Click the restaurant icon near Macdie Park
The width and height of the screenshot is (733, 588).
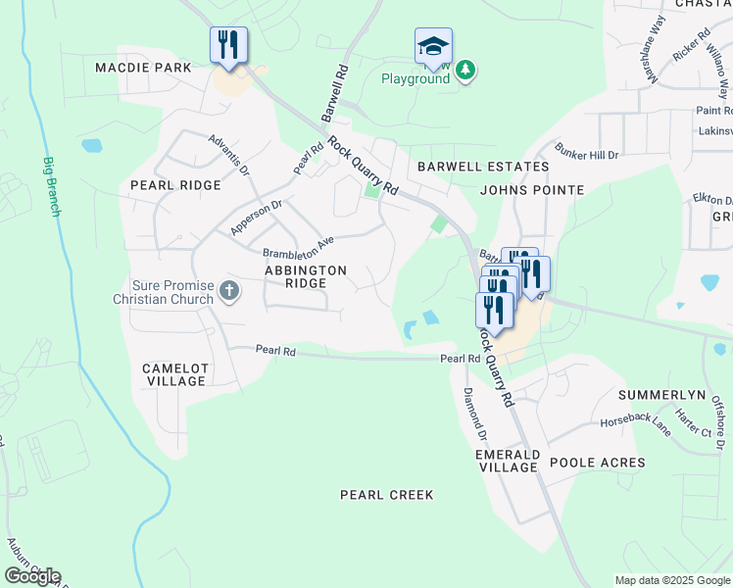point(228,45)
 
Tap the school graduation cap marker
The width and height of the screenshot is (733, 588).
point(433,47)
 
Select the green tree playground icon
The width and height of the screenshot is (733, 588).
point(467,69)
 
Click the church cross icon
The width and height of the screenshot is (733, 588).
point(229,290)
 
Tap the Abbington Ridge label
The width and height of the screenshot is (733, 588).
point(305,275)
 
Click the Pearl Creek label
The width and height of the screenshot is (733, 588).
point(386,495)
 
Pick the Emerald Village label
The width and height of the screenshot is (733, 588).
point(507,462)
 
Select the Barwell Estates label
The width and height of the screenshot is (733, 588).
point(469,167)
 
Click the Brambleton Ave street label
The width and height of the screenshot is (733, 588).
point(298,244)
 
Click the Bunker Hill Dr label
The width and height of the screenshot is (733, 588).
point(587,156)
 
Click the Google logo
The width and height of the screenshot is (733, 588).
point(33,576)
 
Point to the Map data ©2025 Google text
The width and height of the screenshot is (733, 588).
point(671,580)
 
